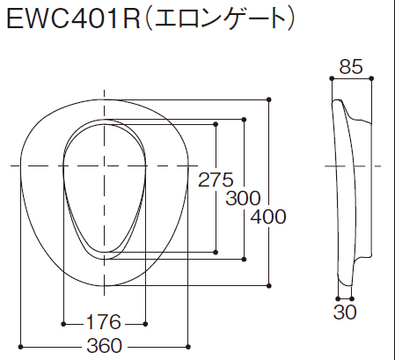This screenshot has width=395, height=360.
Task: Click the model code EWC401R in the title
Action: pos(73,18)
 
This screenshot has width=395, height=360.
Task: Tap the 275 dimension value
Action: pos(216,180)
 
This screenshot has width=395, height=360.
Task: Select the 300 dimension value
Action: pos(243,198)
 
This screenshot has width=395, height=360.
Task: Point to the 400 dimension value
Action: pos(268,217)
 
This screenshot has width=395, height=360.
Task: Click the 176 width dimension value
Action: pos(103,322)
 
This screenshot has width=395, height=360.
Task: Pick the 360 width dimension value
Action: pos(105,346)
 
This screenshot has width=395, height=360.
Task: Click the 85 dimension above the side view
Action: pos(351,67)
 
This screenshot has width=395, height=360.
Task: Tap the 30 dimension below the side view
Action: pos(345,312)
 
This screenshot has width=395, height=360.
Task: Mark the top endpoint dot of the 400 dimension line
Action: pos(269,99)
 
